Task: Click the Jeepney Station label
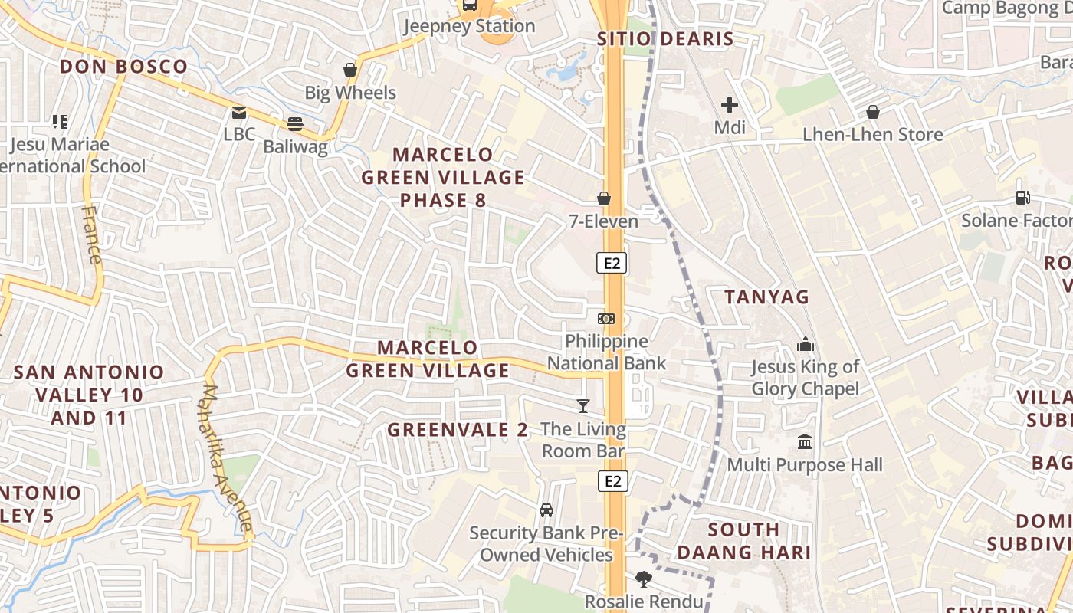coord(469,26)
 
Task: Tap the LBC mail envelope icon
coord(240,113)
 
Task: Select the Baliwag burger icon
coord(295,123)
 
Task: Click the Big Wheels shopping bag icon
coord(350,70)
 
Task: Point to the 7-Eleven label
coord(603,221)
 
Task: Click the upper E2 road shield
coord(612,264)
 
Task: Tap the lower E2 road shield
coord(612,481)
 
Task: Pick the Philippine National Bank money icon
coord(606,318)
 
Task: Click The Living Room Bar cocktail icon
coord(583,406)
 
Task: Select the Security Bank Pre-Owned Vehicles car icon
coord(546,510)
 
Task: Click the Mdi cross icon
coord(730,104)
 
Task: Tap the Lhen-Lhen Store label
coord(872,135)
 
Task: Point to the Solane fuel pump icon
coord(1022,197)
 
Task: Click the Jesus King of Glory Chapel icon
coord(805,344)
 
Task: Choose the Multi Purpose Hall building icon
coord(805,442)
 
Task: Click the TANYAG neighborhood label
coord(767,297)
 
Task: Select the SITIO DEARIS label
coord(665,39)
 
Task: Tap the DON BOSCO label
coord(123,67)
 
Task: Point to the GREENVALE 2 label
coord(458,430)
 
